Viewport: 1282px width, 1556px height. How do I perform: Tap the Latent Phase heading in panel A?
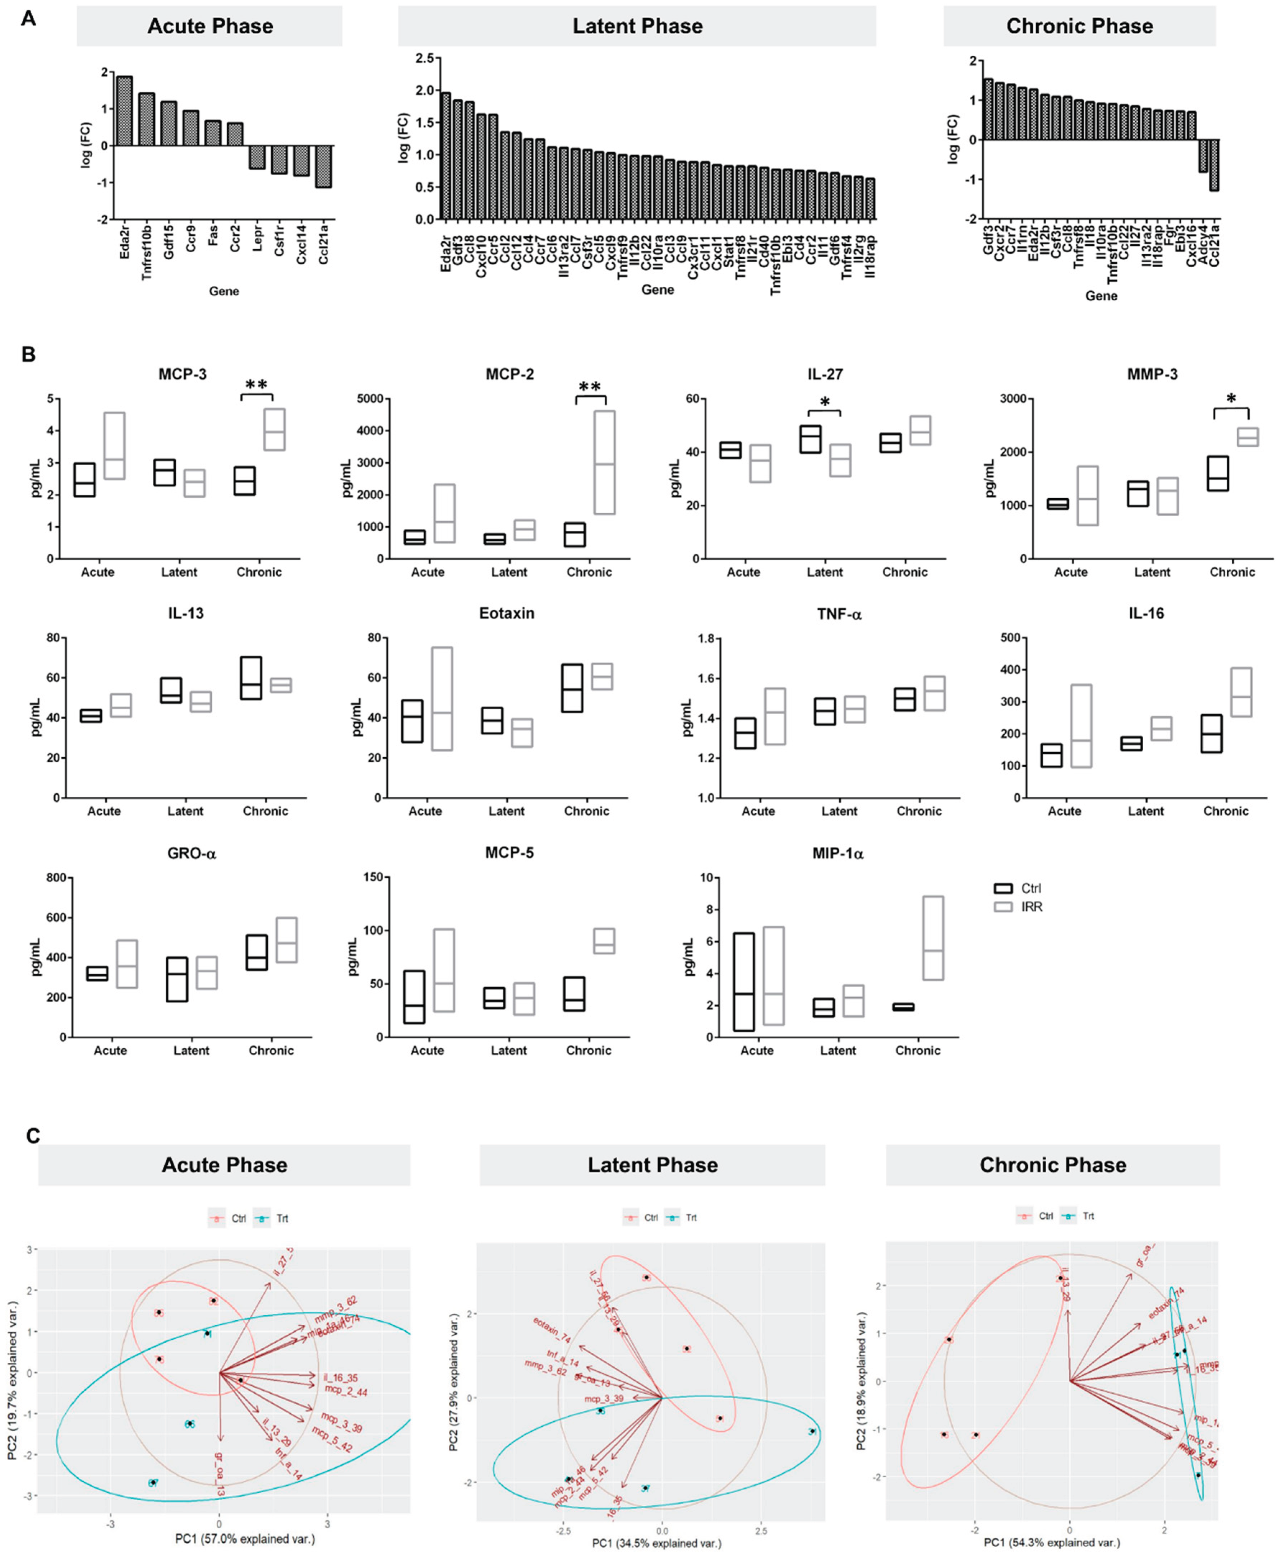click(x=637, y=27)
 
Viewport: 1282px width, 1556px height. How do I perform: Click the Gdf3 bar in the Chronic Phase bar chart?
click(x=988, y=109)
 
